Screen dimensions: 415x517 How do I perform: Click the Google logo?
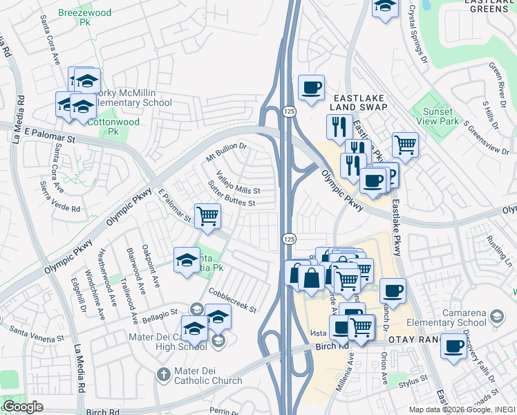pos(23,407)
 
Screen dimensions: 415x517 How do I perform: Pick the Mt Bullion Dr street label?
pos(226,152)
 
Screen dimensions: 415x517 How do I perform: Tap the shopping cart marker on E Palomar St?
pos(207,216)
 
